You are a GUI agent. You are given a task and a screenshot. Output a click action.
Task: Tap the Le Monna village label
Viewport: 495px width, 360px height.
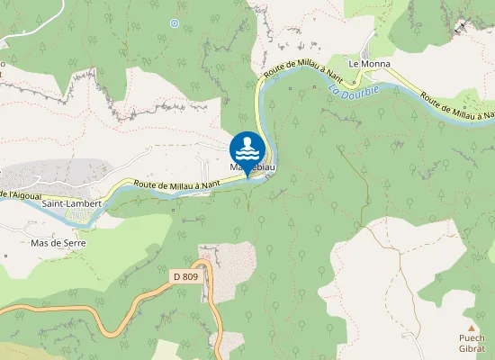click(366, 64)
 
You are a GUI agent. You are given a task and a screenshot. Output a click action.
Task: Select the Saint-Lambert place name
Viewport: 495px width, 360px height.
click(71, 204)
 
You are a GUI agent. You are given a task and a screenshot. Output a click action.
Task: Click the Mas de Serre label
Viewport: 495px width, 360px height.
click(59, 243)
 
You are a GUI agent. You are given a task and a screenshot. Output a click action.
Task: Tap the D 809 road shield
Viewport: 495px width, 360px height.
click(185, 277)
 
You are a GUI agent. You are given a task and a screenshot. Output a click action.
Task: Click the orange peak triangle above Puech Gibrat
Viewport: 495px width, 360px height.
click(471, 328)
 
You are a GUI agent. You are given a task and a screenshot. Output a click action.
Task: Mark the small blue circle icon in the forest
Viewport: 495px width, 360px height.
click(175, 22)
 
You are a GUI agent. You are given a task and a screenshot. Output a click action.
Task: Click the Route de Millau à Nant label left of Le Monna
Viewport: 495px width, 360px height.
click(301, 69)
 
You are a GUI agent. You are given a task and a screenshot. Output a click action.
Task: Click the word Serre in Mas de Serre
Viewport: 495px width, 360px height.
click(76, 243)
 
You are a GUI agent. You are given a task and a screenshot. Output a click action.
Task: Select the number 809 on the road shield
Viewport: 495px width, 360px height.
click(190, 277)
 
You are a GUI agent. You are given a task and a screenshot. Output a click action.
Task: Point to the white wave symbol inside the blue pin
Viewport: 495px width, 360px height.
click(247, 147)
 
